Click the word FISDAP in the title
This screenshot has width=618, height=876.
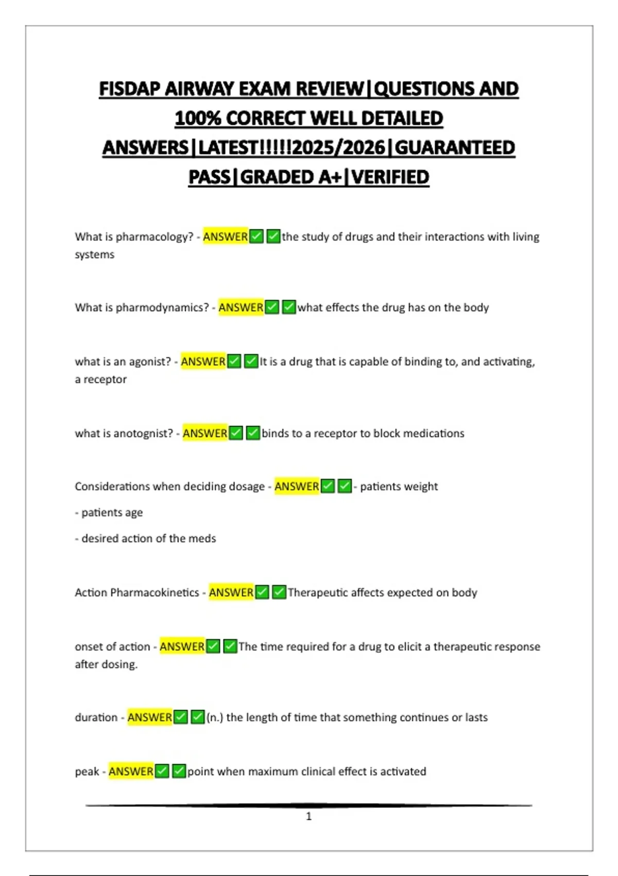(x=129, y=89)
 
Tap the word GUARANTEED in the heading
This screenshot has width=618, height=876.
(x=455, y=148)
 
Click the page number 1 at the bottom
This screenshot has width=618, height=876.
(x=308, y=816)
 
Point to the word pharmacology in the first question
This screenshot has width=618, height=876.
(x=154, y=237)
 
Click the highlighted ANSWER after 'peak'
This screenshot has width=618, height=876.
(x=131, y=771)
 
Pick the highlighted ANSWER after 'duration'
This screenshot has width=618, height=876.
(x=149, y=717)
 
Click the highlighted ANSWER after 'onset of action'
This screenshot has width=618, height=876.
(x=182, y=647)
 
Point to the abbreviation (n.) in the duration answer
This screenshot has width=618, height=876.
(x=214, y=717)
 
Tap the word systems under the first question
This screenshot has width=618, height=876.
(x=94, y=255)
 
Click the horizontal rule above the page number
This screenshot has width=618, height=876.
(x=308, y=805)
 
